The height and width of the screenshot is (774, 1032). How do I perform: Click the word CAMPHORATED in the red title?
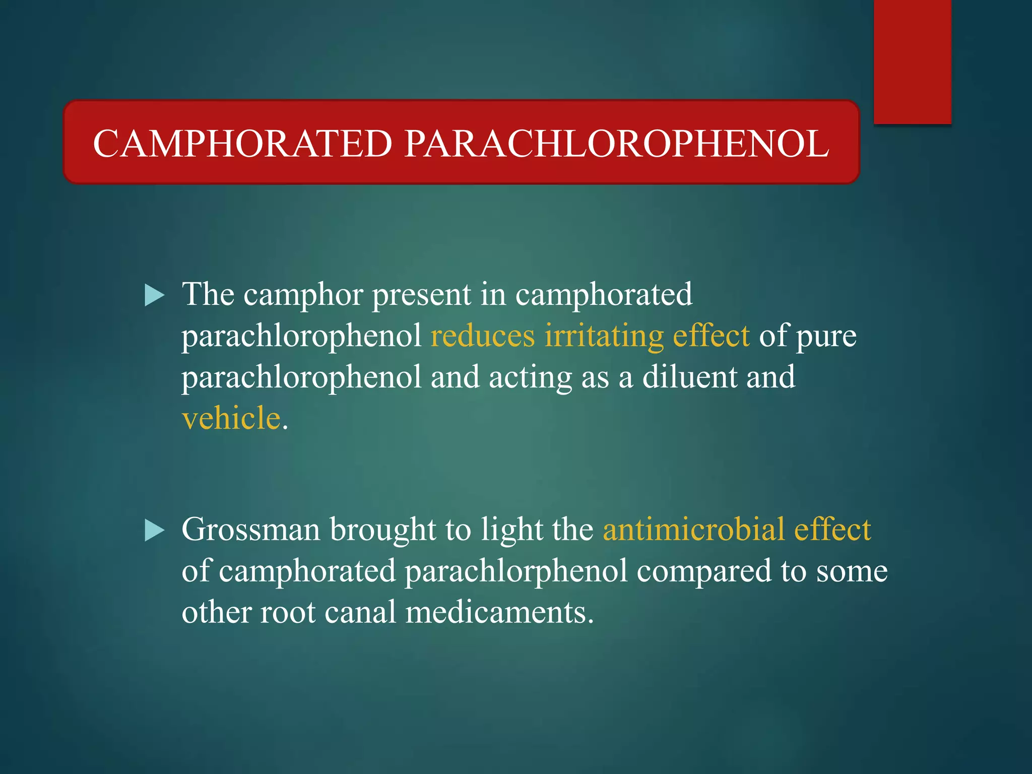[242, 144]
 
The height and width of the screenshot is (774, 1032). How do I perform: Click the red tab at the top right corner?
[912, 60]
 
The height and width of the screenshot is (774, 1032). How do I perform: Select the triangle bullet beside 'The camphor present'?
[154, 295]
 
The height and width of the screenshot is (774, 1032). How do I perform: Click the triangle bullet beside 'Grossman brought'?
[154, 531]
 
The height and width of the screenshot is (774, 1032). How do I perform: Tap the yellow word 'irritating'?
[604, 336]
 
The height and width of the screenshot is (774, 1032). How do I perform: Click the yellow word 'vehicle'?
[231, 418]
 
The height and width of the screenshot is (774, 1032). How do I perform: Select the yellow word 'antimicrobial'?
[693, 530]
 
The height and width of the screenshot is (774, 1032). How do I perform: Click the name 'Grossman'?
[250, 530]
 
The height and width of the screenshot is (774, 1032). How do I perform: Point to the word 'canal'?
[360, 613]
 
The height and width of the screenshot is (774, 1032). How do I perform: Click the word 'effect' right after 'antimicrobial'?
[832, 530]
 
